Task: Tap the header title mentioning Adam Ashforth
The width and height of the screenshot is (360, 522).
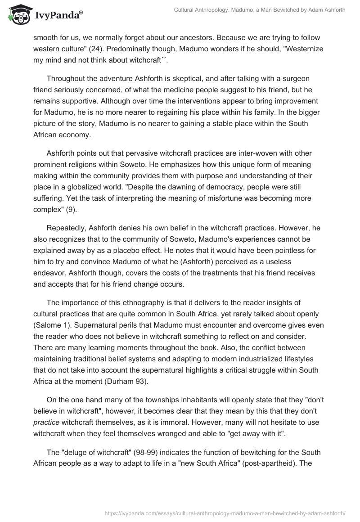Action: tap(260, 10)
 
